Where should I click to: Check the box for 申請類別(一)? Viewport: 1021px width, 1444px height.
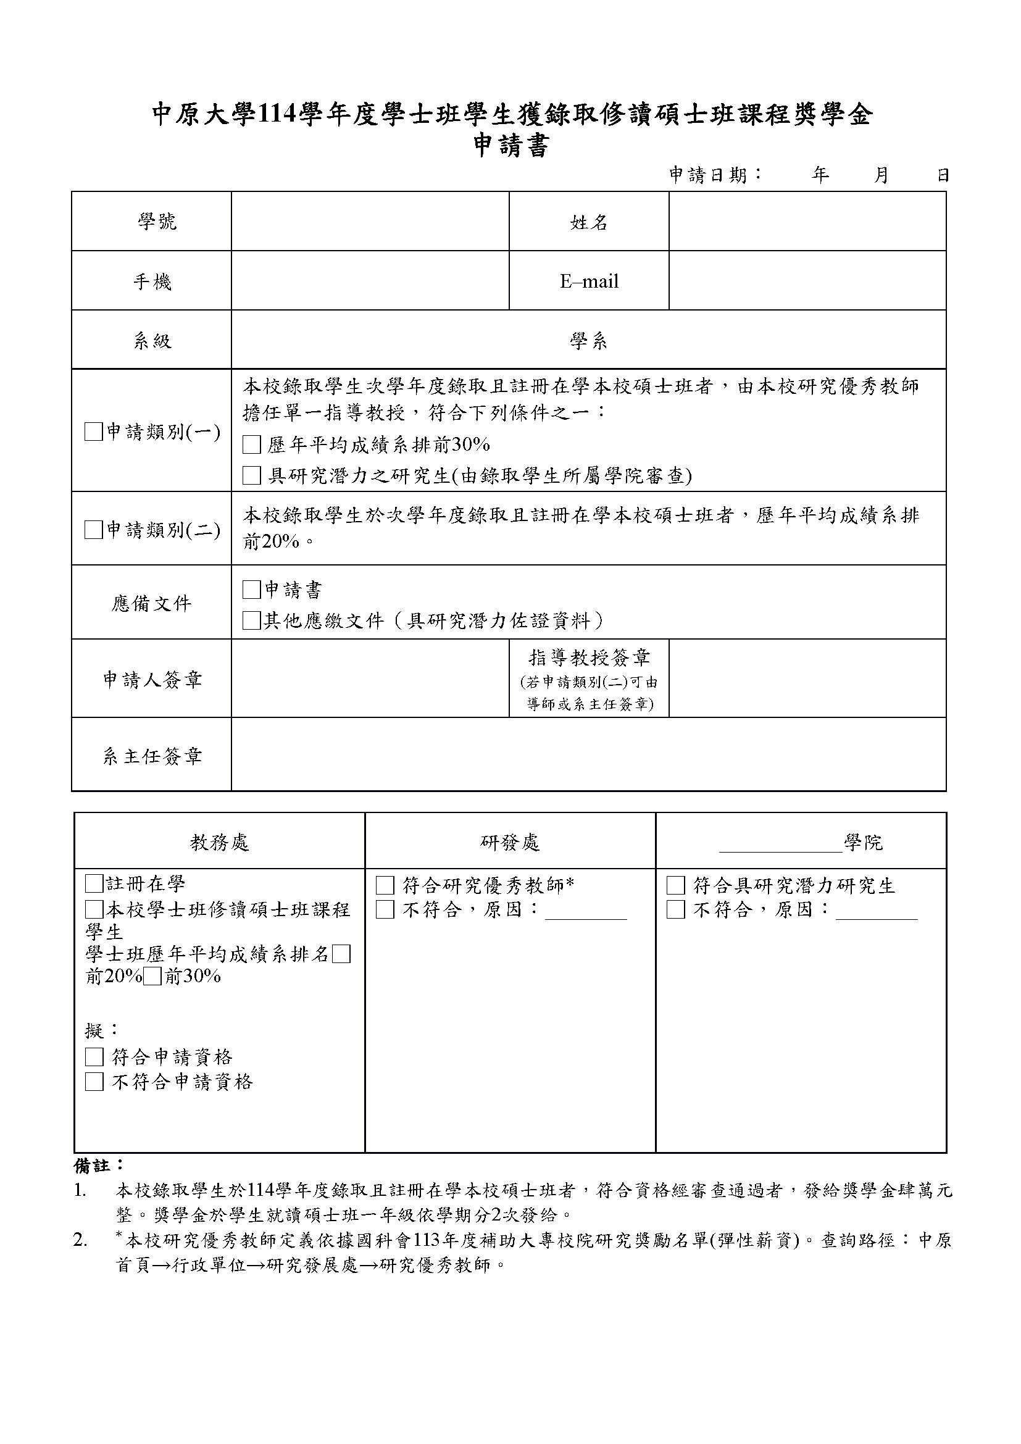point(93,432)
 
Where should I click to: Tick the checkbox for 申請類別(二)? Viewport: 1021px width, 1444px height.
point(93,530)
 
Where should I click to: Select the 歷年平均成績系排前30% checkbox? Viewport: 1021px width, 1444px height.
point(251,445)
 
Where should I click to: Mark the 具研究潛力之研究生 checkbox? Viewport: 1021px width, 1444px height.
point(251,475)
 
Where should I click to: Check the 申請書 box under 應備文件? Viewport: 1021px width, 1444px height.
point(251,590)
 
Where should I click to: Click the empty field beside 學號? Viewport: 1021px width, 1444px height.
point(370,222)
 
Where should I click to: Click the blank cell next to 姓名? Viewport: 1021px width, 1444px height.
point(807,222)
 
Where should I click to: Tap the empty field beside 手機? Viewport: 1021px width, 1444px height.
point(370,280)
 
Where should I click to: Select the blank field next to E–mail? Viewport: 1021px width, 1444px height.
point(807,280)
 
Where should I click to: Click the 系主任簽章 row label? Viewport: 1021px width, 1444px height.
point(152,756)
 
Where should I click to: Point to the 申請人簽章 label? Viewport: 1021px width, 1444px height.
point(152,679)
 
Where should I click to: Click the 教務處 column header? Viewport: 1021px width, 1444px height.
point(219,842)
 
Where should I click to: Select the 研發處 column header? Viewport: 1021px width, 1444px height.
point(510,842)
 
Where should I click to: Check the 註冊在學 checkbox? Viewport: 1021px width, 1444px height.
point(94,884)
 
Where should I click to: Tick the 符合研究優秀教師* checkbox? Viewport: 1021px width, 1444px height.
point(385,886)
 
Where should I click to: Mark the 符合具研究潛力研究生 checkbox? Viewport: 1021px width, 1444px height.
point(675,886)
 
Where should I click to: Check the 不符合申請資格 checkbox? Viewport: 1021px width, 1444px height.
point(94,1082)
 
